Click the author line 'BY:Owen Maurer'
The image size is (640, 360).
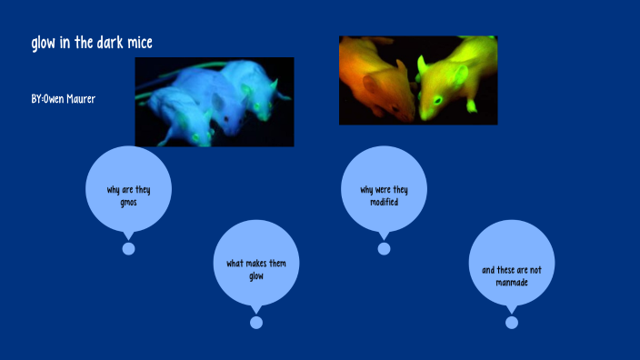(x=63, y=98)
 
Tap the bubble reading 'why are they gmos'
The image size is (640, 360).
(x=128, y=188)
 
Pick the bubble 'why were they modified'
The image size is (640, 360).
(x=384, y=188)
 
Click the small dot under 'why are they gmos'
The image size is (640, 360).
(x=128, y=249)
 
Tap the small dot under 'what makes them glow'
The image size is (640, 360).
(x=256, y=323)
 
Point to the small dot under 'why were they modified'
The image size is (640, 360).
(x=384, y=249)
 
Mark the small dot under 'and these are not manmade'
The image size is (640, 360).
(x=512, y=323)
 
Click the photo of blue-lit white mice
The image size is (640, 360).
(x=215, y=102)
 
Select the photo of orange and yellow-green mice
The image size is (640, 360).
(x=418, y=80)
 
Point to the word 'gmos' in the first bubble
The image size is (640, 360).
(x=128, y=202)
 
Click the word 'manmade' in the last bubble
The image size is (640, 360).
(x=512, y=282)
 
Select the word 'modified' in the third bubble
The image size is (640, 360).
(x=384, y=202)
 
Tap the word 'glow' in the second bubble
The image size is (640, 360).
(x=256, y=275)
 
